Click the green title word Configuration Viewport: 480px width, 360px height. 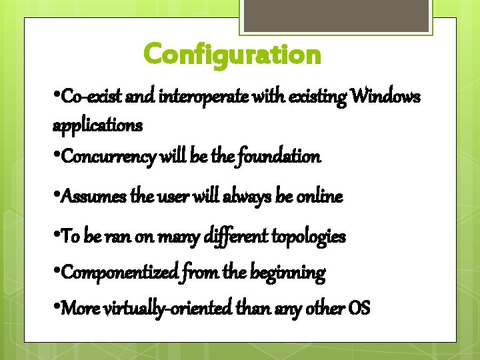pyautogui.click(x=232, y=54)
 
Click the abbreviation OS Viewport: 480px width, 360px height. pyautogui.click(x=359, y=309)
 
